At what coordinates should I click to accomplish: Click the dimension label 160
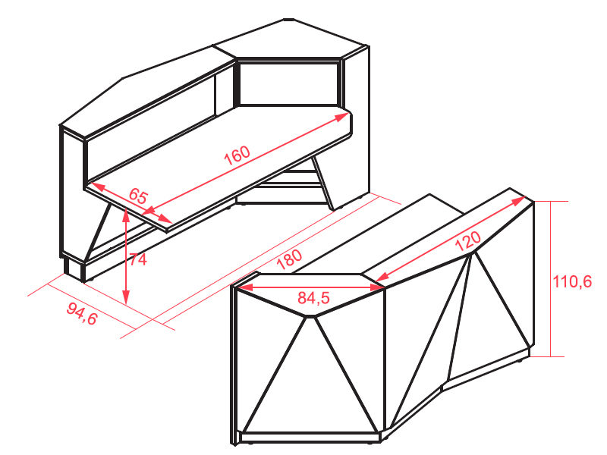coord(237,155)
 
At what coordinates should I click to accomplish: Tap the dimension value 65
coord(138,196)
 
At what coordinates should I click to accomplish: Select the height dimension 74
coord(138,259)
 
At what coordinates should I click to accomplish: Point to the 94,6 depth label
coord(82,314)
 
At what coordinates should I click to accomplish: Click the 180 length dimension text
coord(289,259)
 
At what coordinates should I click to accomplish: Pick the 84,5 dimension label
coord(313,298)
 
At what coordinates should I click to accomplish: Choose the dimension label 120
coord(467,241)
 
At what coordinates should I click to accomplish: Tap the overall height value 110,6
coord(572,281)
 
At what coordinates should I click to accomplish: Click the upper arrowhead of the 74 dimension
coord(125,215)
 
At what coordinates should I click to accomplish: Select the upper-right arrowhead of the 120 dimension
coord(518,201)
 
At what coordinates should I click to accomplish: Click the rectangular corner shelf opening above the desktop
coord(289,83)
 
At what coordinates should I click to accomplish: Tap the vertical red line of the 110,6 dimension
coord(550,278)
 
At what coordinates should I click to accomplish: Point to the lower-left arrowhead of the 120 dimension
coord(382,277)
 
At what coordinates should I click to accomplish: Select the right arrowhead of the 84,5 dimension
coord(377,287)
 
